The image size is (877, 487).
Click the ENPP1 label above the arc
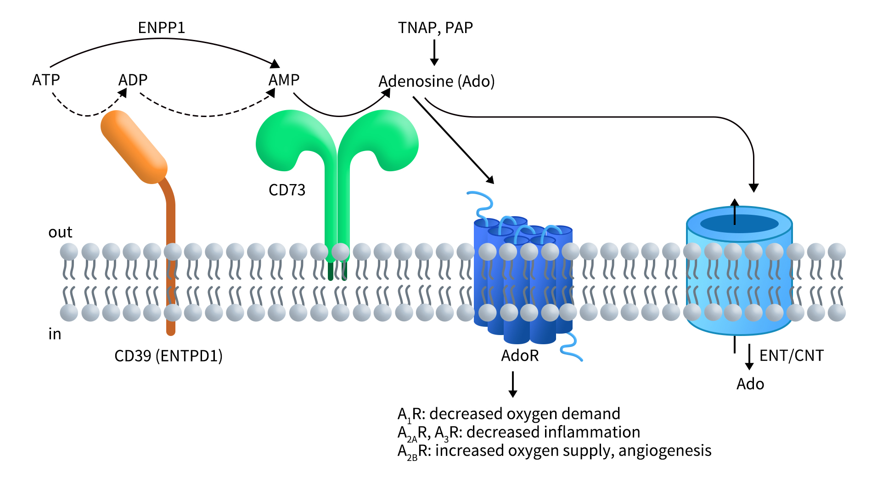[161, 28]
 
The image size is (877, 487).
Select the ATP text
[46, 80]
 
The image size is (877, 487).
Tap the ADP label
[133, 80]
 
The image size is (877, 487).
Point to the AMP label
[284, 80]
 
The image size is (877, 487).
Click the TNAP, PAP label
[435, 28]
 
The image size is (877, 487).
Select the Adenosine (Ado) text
[436, 81]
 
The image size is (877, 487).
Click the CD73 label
[287, 190]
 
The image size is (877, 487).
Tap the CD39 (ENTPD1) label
[168, 356]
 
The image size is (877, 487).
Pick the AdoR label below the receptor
[519, 356]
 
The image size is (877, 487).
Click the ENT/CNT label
[791, 356]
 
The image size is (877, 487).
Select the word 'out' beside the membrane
[60, 232]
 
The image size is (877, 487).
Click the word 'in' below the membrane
[55, 334]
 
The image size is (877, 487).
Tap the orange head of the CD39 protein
[134, 146]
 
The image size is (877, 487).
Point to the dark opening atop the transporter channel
[739, 224]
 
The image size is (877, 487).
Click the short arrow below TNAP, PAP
[434, 52]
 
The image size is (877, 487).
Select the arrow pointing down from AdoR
[513, 385]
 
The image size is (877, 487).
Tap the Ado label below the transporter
[750, 384]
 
